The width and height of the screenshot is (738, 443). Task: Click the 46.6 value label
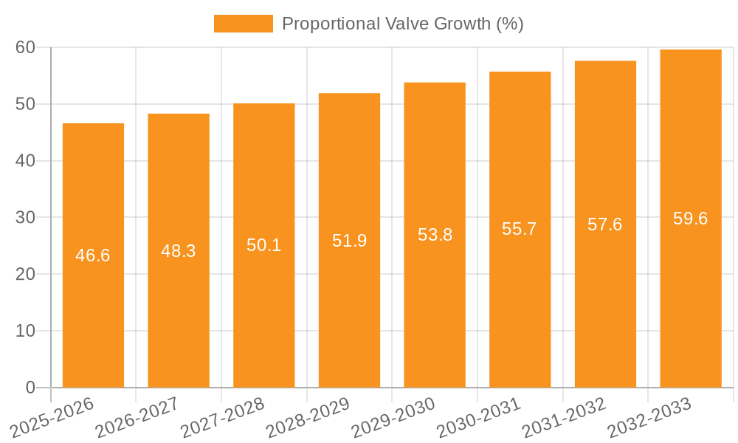click(93, 255)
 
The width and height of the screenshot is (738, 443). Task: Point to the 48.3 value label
click(179, 251)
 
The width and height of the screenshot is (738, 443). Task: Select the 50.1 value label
click(263, 245)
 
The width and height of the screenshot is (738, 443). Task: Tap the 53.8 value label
click(435, 235)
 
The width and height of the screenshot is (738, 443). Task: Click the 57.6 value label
click(605, 224)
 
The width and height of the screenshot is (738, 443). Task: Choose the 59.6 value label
click(691, 219)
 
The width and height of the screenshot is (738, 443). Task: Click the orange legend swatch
click(243, 24)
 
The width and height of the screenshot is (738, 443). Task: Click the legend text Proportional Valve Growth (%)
click(402, 24)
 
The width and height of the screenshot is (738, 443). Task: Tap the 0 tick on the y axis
click(30, 388)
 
